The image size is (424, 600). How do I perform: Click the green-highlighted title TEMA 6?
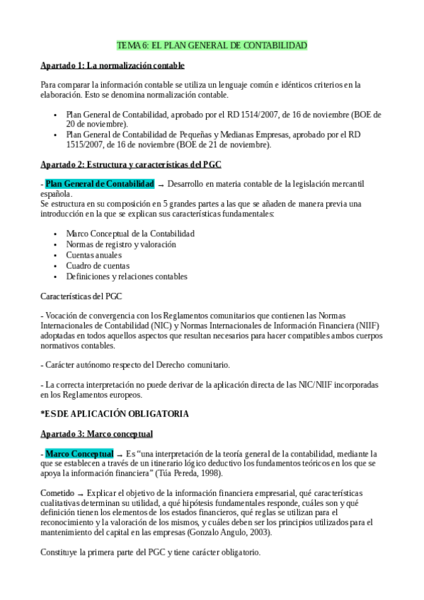[212, 46]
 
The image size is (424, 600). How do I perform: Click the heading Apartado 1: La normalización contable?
[113, 66]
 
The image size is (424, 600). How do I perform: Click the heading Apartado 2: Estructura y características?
[131, 164]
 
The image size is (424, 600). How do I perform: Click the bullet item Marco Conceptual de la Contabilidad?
[130, 233]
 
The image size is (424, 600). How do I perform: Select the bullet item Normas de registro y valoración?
[120, 244]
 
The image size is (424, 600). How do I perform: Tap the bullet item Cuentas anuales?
[93, 255]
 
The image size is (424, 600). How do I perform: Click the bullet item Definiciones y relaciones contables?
[127, 277]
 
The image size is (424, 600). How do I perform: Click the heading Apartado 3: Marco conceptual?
[97, 432]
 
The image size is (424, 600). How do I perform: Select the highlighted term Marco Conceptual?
[79, 452]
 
